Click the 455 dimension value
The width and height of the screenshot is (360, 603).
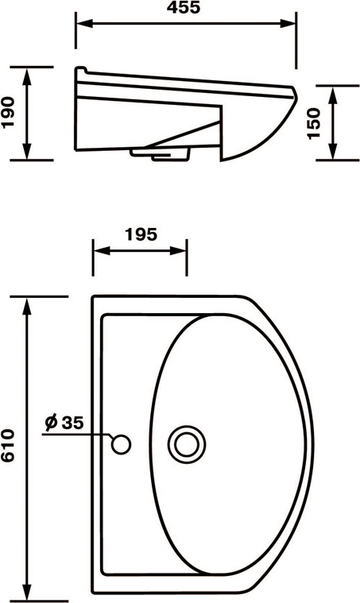click(184, 7)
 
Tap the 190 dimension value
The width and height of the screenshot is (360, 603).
click(8, 112)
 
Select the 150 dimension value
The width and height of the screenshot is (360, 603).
click(314, 123)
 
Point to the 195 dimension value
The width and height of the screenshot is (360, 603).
click(141, 234)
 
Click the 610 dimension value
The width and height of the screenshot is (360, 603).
click(8, 446)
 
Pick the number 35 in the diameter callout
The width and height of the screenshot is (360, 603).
click(72, 423)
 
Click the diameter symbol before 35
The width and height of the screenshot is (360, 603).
click(51, 422)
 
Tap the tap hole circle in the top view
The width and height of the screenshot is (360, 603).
click(121, 445)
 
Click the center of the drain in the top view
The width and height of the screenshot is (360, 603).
click(187, 445)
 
